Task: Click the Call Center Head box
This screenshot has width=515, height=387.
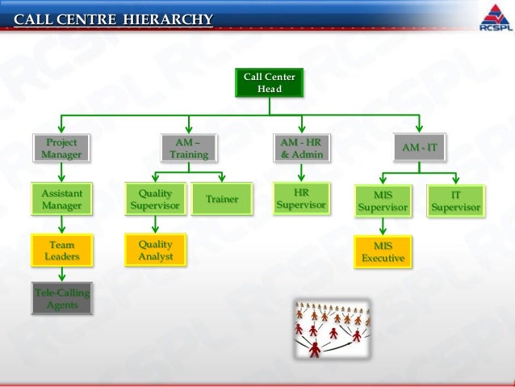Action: click(x=270, y=82)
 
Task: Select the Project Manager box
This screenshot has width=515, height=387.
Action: click(x=61, y=149)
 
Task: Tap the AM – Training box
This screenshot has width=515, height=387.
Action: click(x=188, y=149)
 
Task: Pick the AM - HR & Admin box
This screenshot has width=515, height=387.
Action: click(x=301, y=149)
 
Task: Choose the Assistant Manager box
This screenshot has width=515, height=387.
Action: click(x=61, y=200)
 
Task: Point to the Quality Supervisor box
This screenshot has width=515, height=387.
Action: click(x=155, y=200)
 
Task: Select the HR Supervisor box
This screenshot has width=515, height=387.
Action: click(x=301, y=199)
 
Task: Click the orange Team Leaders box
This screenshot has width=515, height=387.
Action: click(x=61, y=250)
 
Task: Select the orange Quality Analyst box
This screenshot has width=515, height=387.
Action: click(x=155, y=250)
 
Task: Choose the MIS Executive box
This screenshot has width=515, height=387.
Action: click(x=383, y=252)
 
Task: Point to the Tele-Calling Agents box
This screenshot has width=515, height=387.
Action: click(x=61, y=297)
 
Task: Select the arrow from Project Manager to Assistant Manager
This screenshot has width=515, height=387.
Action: click(x=61, y=173)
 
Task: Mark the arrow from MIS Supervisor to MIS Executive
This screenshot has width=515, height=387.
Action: click(x=383, y=227)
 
